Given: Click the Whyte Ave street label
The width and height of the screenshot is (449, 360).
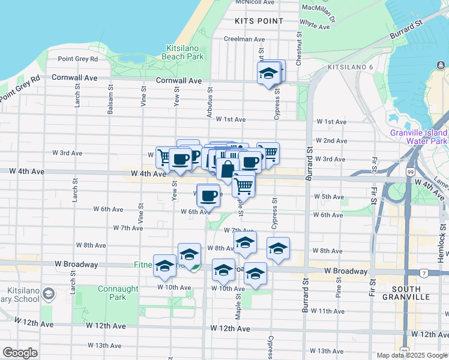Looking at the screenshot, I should (316, 25).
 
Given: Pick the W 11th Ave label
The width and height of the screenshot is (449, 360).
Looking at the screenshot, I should (331, 311).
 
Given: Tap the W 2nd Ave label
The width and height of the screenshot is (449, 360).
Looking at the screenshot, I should (331, 140).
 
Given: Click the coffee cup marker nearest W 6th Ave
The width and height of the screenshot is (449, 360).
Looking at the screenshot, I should (208, 195).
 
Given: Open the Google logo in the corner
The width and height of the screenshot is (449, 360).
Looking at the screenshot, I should (20, 353).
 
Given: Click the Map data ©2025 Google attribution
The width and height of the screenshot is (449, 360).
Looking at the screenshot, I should (411, 355).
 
